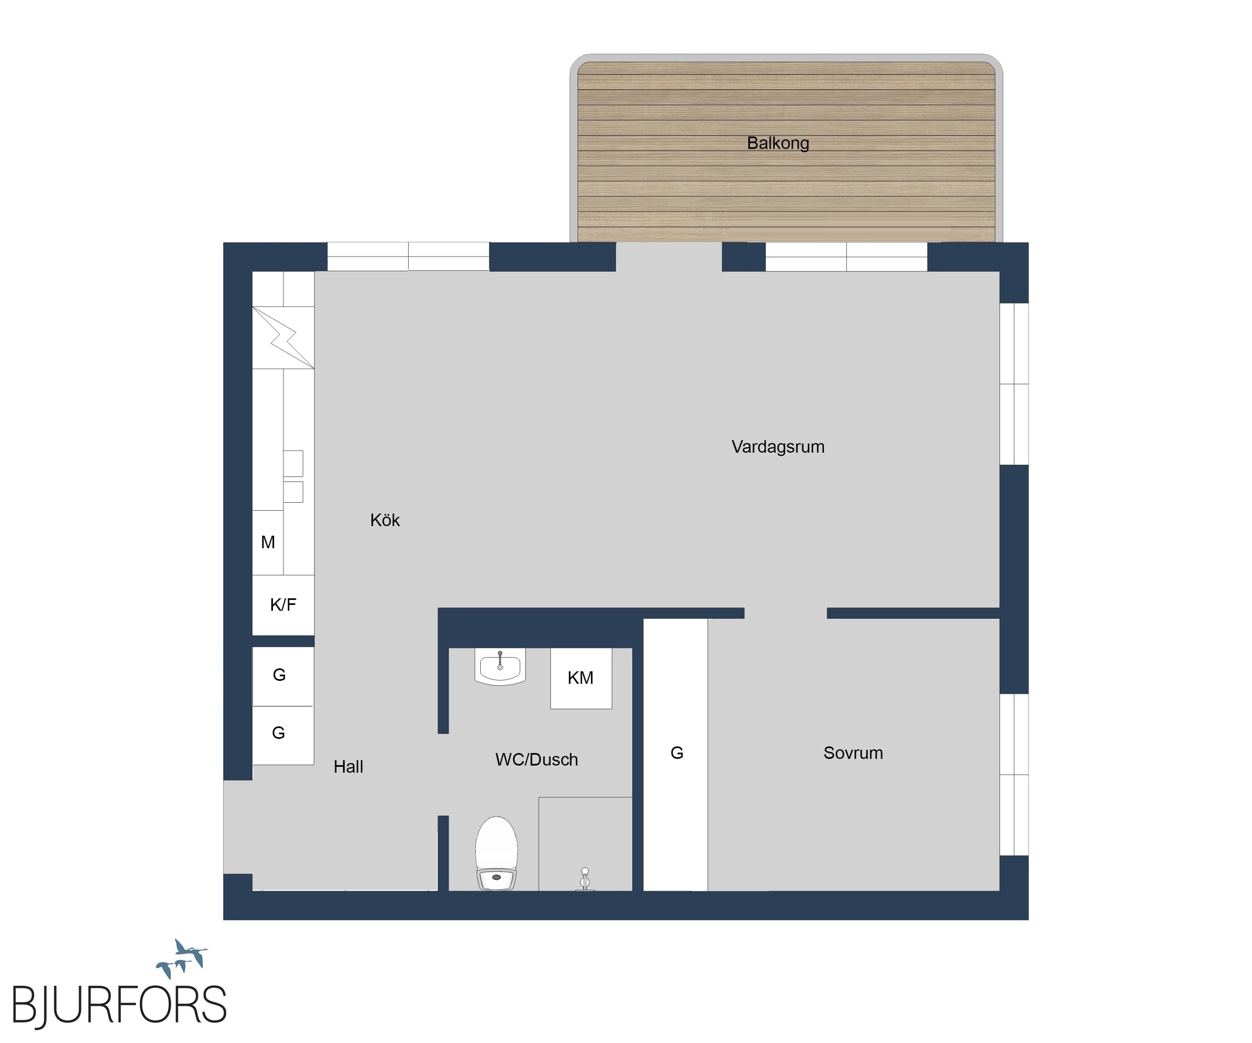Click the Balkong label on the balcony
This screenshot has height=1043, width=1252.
[778, 143]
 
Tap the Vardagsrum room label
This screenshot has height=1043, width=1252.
[778, 447]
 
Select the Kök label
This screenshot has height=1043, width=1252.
[385, 520]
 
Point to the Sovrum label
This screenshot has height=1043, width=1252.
[853, 753]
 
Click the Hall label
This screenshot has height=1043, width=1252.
[348, 767]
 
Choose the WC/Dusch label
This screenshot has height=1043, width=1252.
[536, 759]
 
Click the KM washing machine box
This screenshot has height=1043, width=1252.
[581, 678]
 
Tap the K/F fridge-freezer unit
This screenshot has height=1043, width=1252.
[283, 605]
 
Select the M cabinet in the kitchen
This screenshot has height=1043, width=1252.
[268, 542]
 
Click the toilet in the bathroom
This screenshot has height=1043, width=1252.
[496, 853]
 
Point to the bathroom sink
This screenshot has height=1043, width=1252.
[500, 666]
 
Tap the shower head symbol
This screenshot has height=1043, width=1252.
[585, 879]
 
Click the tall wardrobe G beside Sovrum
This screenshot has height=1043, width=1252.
[676, 755]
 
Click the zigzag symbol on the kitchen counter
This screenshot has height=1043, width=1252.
[283, 337]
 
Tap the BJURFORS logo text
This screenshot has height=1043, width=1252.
[119, 1005]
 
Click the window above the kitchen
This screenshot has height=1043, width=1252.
[408, 257]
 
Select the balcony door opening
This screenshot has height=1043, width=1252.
[669, 257]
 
